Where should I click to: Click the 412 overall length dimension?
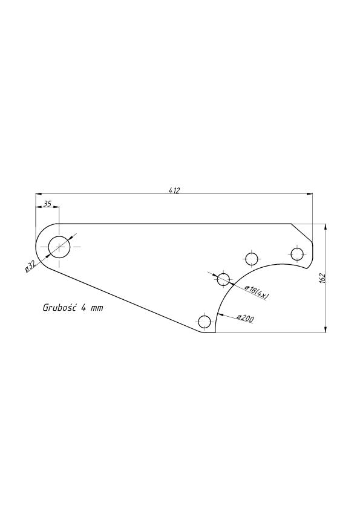coord(174,190)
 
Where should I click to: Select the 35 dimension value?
coord(47,204)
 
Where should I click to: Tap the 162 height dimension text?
coord(322,278)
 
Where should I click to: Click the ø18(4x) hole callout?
coord(256,292)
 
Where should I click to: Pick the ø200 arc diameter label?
coord(245,319)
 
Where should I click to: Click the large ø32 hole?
coord(59,247)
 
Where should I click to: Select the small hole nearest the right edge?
coord(297,254)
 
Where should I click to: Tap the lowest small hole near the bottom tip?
coord(205,322)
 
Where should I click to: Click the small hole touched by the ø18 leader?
coord(223,279)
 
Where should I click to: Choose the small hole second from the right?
coord(252,259)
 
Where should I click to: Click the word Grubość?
coord(59,308)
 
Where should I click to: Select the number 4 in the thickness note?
coord(83,308)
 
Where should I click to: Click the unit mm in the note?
coord(97,308)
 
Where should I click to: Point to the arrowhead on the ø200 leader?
coord(219,314)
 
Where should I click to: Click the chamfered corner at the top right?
coord(301,232)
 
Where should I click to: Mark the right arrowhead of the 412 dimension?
coord(309,194)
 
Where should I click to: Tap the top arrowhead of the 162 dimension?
coord(326,227)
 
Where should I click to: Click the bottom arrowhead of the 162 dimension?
coord(326,329)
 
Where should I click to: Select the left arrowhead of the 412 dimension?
coord(39,194)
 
